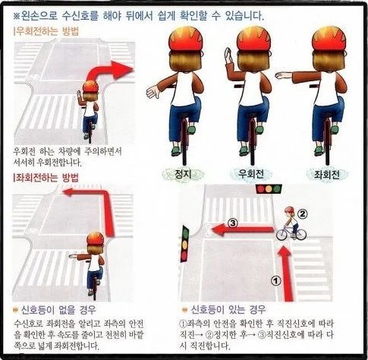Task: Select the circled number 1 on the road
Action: pyautogui.click(x=275, y=281)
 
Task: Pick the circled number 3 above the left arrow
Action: pyautogui.click(x=233, y=223)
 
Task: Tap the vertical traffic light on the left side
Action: pyautogui.click(x=184, y=243)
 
